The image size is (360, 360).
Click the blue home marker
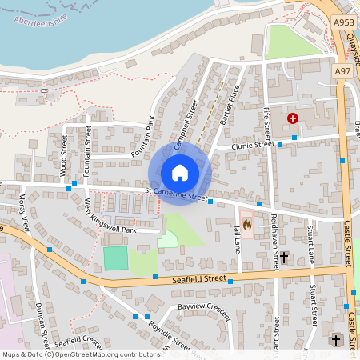pos(180,172)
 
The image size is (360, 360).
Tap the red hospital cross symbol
pos(293,118)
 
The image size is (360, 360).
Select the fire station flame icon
pos(247,225)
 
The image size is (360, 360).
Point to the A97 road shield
pos(343,71)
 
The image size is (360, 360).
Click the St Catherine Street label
pos(176,194)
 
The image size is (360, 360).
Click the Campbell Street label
pos(185,126)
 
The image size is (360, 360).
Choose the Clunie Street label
pos(253,146)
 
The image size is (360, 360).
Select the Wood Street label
pos(63,158)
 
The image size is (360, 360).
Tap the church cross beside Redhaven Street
pos(284,258)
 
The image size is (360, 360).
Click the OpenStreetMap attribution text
pos(80,354)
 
